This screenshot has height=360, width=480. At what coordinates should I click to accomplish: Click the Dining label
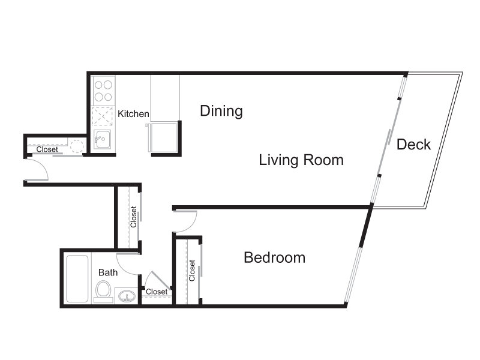pos(221,111)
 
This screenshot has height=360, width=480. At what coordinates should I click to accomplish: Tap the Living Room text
pos(301,160)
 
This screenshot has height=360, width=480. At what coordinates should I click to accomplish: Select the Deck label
pos(413,145)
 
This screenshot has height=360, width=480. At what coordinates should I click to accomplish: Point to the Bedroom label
pos(275,257)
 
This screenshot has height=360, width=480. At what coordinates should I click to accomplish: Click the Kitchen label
pos(133,113)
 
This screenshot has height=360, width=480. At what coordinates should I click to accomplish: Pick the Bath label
pos(108,272)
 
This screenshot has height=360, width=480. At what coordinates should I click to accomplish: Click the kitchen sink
pos(102,140)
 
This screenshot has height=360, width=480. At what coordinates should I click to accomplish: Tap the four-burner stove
pos(103,91)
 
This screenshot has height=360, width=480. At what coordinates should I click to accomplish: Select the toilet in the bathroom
pos(103,292)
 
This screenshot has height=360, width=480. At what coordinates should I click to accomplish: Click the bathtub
pos(77,278)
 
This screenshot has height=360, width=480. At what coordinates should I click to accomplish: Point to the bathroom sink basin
pos(127,296)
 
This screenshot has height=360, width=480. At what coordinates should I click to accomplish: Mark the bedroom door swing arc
pos(192,224)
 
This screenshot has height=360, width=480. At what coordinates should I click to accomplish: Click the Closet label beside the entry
pos(47,149)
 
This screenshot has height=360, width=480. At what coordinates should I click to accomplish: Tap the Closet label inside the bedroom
pos(192,271)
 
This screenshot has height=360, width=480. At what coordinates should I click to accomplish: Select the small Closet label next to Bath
pos(157,292)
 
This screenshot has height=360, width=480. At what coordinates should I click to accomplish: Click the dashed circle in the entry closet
pos(77,146)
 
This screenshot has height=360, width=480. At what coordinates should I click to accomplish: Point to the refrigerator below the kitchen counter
pos(163,137)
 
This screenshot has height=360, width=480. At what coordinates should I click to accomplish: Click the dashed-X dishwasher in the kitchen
pos(103,116)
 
